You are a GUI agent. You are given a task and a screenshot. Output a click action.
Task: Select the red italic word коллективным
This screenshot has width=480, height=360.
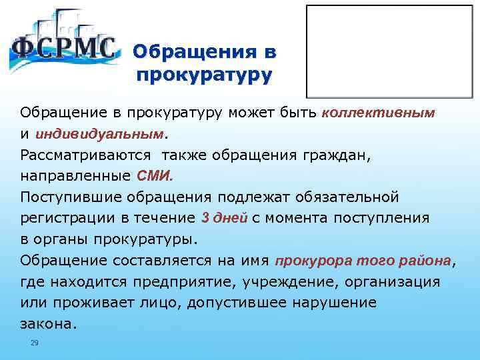pyautogui.click(x=379, y=113)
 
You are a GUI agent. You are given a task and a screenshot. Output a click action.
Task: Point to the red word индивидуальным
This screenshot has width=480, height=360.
pyautogui.click(x=106, y=134)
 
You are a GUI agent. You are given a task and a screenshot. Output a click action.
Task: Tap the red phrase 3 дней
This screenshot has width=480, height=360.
pyautogui.click(x=224, y=218)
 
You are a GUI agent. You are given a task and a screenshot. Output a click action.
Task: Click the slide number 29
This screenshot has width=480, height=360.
pyautogui.click(x=35, y=343)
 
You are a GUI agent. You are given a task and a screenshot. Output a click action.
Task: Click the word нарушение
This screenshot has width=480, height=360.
pyautogui.click(x=334, y=303)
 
